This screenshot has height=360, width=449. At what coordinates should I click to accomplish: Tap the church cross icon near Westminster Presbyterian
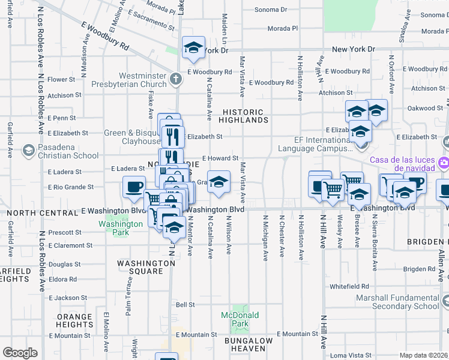click(x=175, y=79)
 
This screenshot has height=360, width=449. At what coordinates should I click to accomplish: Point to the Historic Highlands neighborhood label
click(x=243, y=116)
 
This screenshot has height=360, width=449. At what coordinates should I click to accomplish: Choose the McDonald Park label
click(x=240, y=319)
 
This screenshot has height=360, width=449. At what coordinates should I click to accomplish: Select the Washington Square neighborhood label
click(x=146, y=267)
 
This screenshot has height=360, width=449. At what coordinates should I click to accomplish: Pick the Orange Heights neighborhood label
click(x=74, y=320)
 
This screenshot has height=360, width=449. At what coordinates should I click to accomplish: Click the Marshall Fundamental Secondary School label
click(x=397, y=302)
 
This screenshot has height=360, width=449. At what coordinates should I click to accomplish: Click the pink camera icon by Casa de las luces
click(x=444, y=162)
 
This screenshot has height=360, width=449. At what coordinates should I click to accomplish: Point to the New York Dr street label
click(x=354, y=49)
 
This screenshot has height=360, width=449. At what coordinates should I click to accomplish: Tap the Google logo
click(x=20, y=353)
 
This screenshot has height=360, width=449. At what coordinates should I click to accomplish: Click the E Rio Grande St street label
click(x=71, y=187)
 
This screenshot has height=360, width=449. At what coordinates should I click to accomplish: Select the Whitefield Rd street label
click(x=348, y=287)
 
